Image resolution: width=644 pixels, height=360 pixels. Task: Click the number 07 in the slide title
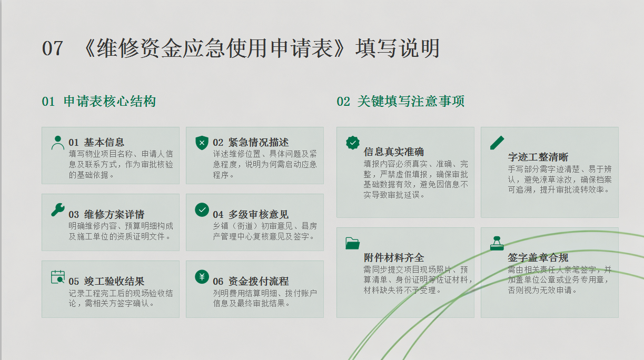pyautogui.click(x=52, y=48)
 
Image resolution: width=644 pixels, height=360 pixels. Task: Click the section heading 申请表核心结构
pyautogui.click(x=110, y=101)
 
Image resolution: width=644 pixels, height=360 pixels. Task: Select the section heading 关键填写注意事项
pyautogui.click(x=411, y=101)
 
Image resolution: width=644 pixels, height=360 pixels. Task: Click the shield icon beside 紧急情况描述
pyautogui.click(x=202, y=143)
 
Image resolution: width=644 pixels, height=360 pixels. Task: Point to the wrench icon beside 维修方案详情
pyautogui.click(x=58, y=209)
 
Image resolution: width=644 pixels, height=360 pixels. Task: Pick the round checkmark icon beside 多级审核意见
pyautogui.click(x=202, y=209)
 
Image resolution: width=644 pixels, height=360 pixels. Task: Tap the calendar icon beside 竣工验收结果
pyautogui.click(x=58, y=277)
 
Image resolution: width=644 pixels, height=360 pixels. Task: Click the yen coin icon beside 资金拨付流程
pyautogui.click(x=202, y=277)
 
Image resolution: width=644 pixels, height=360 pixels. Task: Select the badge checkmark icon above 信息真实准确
pyautogui.click(x=353, y=143)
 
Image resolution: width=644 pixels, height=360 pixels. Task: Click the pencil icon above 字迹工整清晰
pyautogui.click(x=497, y=143)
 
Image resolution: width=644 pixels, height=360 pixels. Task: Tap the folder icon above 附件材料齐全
pyautogui.click(x=353, y=243)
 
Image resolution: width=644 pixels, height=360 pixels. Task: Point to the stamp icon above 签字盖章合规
pyautogui.click(x=497, y=243)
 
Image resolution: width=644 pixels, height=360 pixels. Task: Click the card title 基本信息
pyautogui.click(x=104, y=143)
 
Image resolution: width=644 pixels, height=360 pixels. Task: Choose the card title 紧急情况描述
pyautogui.click(x=259, y=143)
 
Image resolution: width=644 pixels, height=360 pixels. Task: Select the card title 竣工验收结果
pyautogui.click(x=114, y=281)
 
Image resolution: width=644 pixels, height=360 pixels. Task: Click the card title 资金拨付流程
pyautogui.click(x=259, y=281)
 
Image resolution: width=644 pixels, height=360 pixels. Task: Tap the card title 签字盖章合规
pyautogui.click(x=538, y=258)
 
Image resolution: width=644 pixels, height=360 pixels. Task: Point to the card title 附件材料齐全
pyautogui.click(x=394, y=258)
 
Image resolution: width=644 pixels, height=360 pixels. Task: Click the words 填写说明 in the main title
pyautogui.click(x=398, y=48)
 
